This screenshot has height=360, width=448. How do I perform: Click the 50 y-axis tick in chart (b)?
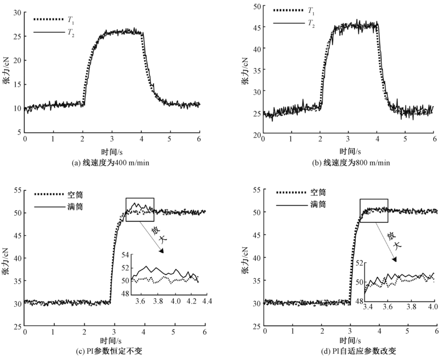[257, 6]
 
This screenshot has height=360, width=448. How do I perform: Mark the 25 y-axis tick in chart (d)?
[256, 327]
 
